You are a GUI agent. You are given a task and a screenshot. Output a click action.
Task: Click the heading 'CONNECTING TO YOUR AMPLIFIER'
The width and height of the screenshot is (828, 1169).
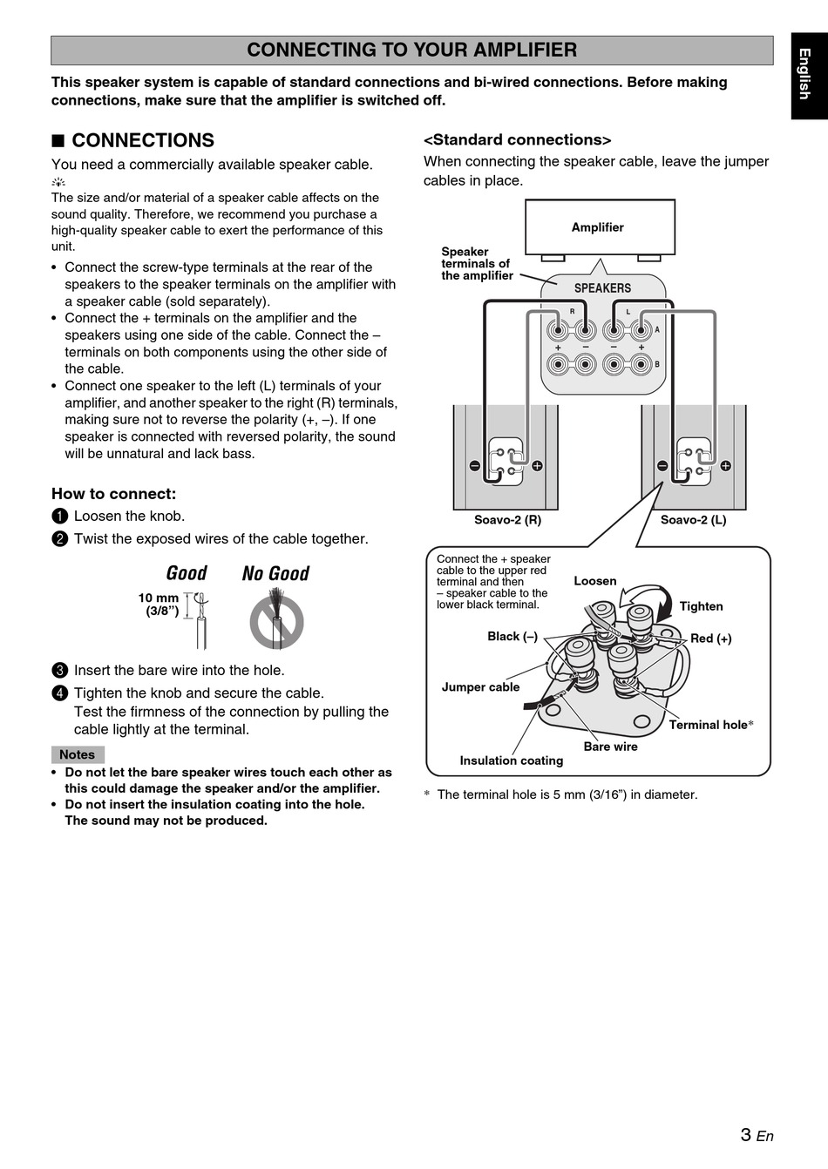tap(411, 51)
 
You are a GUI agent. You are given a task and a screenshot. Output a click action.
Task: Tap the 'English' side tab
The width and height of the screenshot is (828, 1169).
tap(806, 75)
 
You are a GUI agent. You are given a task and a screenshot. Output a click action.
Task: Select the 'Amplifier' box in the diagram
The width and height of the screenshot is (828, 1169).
tap(599, 227)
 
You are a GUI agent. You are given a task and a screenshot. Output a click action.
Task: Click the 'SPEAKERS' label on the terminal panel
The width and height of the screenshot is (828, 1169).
tap(602, 288)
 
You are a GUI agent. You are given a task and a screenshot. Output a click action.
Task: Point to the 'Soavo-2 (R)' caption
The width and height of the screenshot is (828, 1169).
tap(507, 520)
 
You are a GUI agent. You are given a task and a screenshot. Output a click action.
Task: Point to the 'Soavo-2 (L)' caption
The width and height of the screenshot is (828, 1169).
tap(693, 520)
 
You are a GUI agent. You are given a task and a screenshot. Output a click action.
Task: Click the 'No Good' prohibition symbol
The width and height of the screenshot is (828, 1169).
tap(276, 621)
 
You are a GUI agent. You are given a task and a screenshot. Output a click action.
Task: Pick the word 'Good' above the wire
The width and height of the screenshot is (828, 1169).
tap(187, 573)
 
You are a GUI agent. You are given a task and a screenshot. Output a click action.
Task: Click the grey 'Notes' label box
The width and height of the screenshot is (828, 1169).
tap(78, 754)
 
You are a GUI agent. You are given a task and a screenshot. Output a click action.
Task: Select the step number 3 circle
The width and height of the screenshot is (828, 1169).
tap(59, 671)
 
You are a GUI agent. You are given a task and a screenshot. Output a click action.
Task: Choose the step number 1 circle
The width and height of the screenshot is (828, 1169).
tap(59, 517)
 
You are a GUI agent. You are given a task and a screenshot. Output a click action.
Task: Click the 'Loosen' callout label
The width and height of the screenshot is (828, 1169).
tap(594, 581)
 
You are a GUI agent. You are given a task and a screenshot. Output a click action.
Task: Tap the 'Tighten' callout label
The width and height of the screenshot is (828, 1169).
tap(701, 606)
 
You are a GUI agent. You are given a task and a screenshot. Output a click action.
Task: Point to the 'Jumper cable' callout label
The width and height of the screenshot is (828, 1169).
tap(480, 687)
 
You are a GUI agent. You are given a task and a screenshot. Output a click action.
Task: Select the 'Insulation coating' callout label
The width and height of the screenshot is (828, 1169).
tap(511, 760)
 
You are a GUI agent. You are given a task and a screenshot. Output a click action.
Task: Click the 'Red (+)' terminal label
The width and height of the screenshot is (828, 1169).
tap(711, 639)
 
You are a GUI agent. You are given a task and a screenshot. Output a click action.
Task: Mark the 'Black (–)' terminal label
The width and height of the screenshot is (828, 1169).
tap(512, 637)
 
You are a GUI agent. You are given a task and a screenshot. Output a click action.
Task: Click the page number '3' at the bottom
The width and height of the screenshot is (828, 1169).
tap(746, 1134)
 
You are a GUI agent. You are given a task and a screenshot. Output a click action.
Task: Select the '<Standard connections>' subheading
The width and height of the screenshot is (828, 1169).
tap(517, 140)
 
